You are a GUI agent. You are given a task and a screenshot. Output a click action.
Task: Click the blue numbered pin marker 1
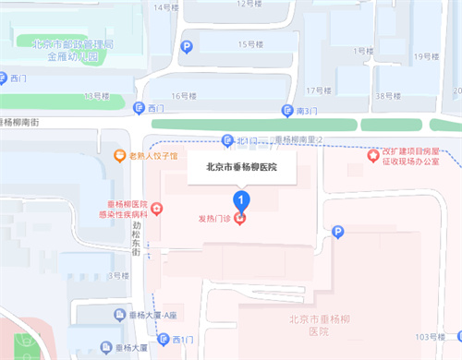tap(241, 198)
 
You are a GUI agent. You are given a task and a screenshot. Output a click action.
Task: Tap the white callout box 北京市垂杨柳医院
tap(240, 168)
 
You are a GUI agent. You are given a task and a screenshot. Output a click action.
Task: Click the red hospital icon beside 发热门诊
tap(240, 219)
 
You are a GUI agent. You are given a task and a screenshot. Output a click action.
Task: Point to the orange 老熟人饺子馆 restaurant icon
tap(119, 156)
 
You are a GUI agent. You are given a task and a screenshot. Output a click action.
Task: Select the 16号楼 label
tap(186, 94)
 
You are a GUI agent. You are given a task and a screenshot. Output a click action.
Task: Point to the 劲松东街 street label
tap(136, 237)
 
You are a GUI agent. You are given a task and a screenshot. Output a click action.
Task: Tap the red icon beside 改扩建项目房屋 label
tap(375, 155)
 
